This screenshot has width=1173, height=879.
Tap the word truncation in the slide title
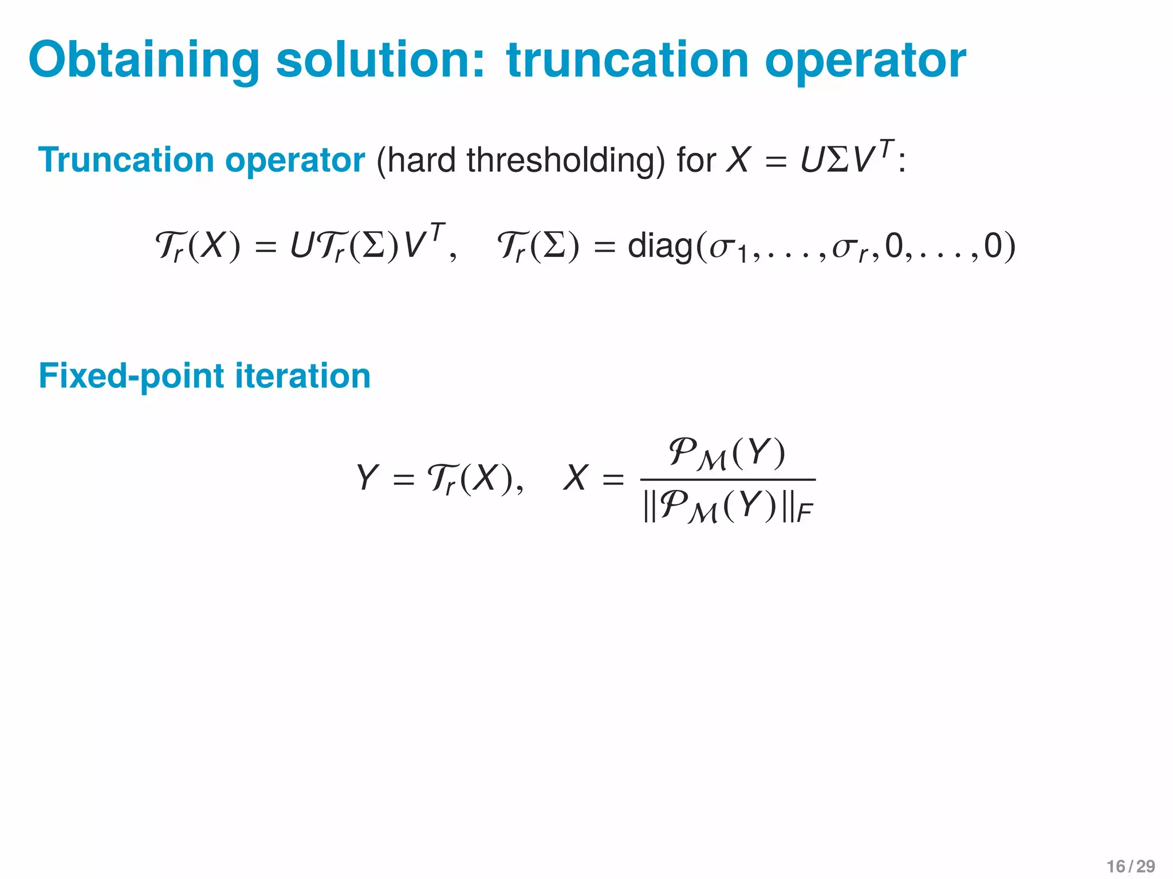pyautogui.click(x=628, y=61)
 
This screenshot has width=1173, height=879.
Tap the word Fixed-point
pyautogui.click(x=131, y=377)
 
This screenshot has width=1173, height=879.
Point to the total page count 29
pyautogui.click(x=1146, y=866)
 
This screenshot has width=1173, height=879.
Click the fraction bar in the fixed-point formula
pyautogui.click(x=727, y=480)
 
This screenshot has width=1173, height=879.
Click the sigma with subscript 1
pyautogui.click(x=723, y=247)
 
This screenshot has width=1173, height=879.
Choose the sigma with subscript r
pyautogui.click(x=844, y=247)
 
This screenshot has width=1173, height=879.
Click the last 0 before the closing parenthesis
pyautogui.click(x=993, y=246)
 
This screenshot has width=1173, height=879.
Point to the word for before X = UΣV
pyautogui.click(x=696, y=160)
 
